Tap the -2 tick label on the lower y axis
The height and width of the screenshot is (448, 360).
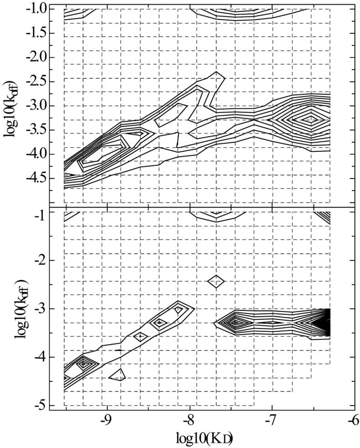coord(40,260)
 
